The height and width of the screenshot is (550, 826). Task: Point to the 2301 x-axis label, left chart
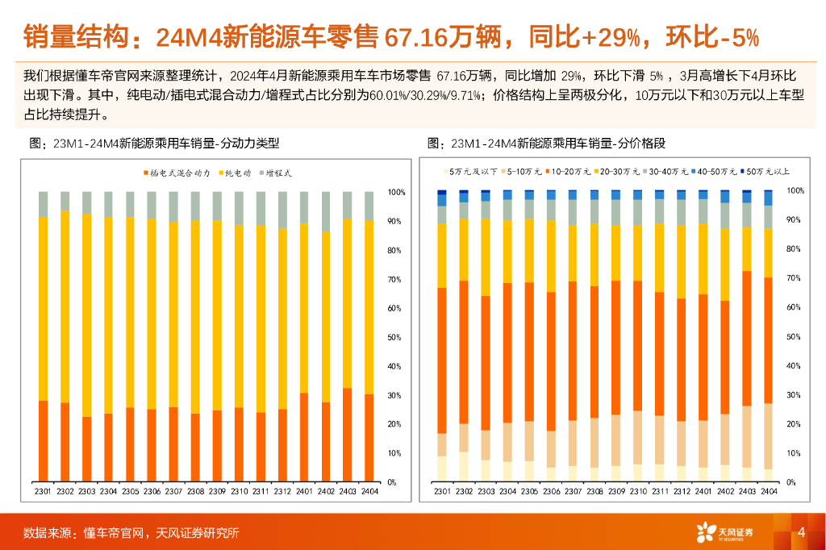43,491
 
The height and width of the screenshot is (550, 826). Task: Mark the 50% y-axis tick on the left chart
397,337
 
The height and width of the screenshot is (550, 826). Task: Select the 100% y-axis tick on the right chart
795,191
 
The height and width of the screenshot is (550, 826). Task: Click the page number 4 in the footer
801,532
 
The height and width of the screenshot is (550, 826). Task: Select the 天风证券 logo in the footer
726,532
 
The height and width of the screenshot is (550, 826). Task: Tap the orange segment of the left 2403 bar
348,435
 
